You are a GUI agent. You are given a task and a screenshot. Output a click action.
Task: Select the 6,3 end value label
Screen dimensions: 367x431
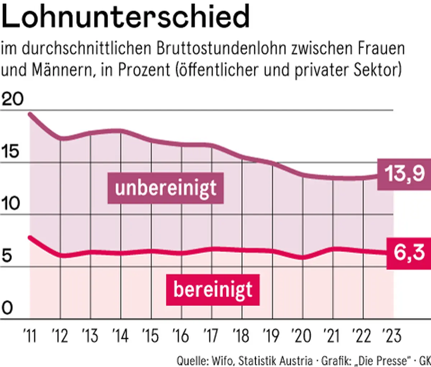tap(409, 253)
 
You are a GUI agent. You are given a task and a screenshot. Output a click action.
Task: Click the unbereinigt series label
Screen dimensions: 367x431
tap(166, 188)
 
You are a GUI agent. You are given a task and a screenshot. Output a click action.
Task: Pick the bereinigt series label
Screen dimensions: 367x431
tap(213, 290)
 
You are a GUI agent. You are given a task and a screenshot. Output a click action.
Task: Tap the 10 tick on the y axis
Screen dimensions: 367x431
tap(11, 204)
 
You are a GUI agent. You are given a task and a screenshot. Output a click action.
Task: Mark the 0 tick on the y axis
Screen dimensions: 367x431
tap(7, 308)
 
